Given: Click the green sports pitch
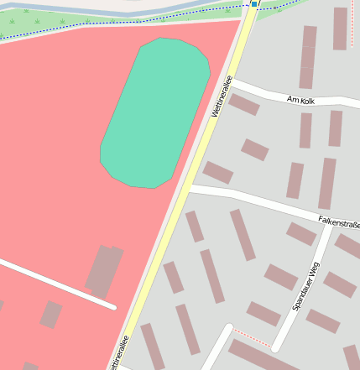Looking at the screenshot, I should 154,112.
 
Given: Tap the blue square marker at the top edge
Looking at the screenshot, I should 253,3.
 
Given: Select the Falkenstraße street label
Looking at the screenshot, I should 339,222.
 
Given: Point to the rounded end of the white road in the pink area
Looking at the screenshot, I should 112,306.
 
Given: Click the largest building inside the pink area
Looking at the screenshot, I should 104,270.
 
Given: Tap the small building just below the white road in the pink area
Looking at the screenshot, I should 51,315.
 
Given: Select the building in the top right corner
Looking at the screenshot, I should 340,29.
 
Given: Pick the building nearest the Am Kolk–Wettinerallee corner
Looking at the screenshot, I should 244,104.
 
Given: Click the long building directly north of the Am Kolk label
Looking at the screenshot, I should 308,57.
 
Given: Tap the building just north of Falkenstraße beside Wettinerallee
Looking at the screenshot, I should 217,173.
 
